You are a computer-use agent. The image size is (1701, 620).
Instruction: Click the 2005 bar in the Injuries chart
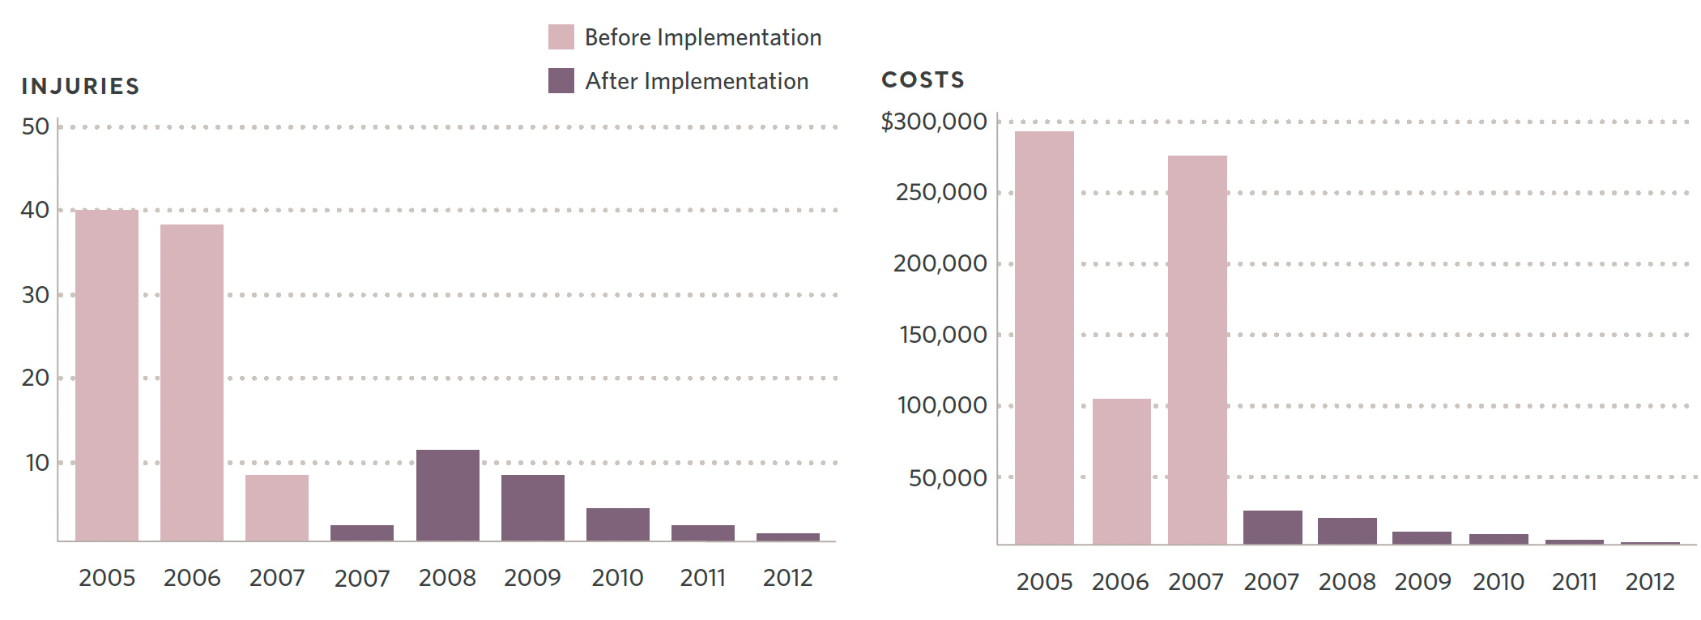(x=107, y=375)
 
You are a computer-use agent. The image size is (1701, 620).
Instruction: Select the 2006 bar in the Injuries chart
(x=192, y=383)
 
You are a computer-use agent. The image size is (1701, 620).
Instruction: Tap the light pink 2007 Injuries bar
(x=277, y=508)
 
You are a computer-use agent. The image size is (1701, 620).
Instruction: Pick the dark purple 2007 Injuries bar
(x=362, y=532)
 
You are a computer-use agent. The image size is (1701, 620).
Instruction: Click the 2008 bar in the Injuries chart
(x=448, y=495)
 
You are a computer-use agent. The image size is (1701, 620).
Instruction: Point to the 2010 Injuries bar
(x=618, y=524)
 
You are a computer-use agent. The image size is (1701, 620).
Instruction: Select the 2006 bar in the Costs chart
(x=1121, y=471)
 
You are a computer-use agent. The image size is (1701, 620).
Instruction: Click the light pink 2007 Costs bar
(x=1197, y=349)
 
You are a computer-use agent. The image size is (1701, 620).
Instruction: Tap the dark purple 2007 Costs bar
(x=1273, y=527)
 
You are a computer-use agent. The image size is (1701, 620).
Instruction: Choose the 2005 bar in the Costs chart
(x=1044, y=337)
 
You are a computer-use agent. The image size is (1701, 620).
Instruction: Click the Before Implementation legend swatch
(x=561, y=37)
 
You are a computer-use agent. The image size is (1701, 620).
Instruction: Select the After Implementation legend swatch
(x=561, y=81)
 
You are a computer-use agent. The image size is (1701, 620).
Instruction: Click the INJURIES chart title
(x=80, y=86)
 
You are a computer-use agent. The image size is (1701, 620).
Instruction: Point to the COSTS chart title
(x=923, y=79)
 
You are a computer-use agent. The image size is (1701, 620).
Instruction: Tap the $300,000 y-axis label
(x=934, y=122)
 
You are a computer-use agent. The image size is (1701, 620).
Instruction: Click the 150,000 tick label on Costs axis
(x=943, y=334)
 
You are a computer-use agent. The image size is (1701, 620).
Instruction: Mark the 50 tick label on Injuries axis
(x=36, y=126)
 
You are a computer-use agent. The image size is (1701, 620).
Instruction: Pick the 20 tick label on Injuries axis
(x=36, y=378)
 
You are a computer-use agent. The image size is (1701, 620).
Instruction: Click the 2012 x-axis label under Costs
(x=1650, y=582)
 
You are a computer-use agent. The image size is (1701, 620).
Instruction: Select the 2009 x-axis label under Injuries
(x=532, y=578)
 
